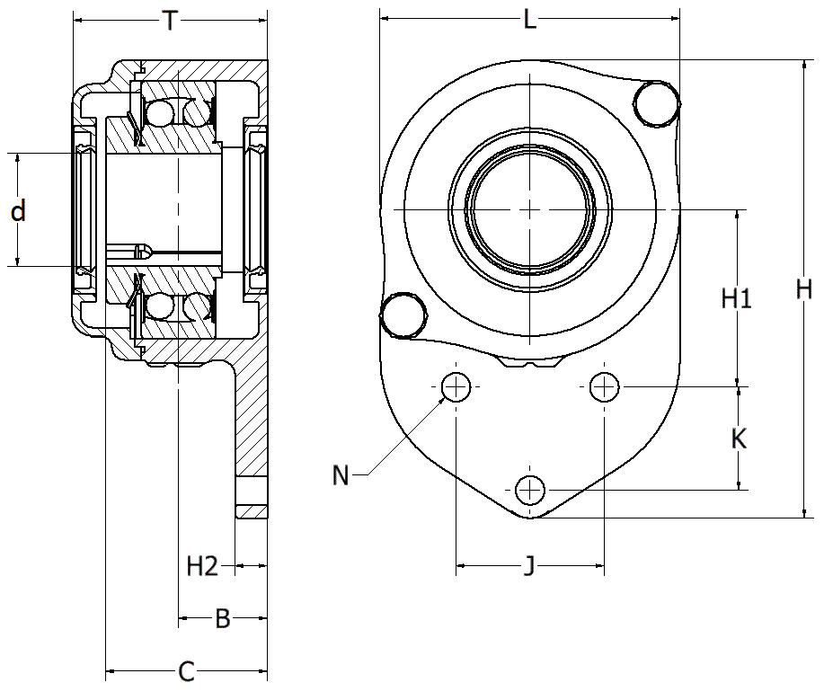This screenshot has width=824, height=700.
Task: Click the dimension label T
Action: [x=170, y=21]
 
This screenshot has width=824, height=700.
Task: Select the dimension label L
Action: [x=530, y=20]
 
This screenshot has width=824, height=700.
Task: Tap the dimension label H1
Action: [x=737, y=298]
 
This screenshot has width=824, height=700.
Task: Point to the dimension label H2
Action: [x=202, y=566]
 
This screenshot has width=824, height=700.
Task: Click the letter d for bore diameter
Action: [x=18, y=211]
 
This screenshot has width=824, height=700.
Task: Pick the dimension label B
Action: [x=223, y=618]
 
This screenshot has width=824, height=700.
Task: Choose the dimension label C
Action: [x=187, y=671]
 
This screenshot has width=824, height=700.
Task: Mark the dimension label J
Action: [x=530, y=566]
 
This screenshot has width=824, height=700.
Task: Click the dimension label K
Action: [x=739, y=439]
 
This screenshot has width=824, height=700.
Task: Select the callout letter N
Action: [x=341, y=475]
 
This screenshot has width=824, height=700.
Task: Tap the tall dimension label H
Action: [x=803, y=289]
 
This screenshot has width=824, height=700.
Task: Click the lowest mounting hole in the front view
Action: [x=530, y=491]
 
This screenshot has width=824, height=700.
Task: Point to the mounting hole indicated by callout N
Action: [x=456, y=387]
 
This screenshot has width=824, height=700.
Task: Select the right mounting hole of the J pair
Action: [x=605, y=387]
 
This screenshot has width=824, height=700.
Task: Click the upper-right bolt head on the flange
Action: [x=657, y=104]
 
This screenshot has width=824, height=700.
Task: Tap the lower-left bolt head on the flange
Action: [x=402, y=315]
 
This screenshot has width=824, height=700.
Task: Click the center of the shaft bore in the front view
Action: [x=530, y=209]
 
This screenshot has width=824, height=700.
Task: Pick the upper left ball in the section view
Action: [x=160, y=112]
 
